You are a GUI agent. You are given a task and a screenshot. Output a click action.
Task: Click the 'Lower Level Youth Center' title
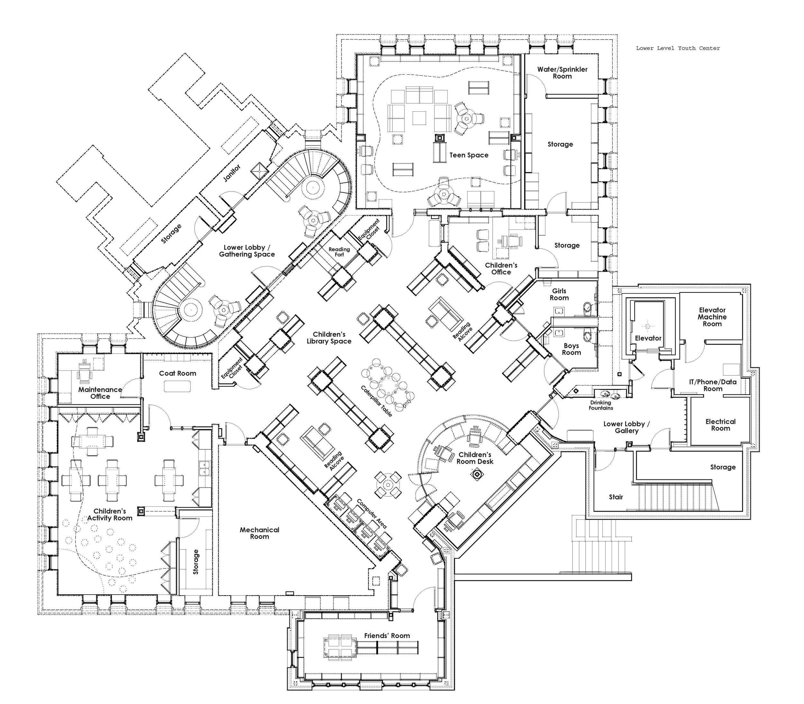pos(678,48)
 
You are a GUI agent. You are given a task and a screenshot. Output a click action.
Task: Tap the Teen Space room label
pos(469,155)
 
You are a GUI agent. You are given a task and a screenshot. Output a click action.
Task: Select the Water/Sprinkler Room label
pos(562,73)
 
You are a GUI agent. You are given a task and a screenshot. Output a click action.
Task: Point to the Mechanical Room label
pos(260,533)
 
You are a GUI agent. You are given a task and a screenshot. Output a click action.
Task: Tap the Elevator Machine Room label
pos(712,317)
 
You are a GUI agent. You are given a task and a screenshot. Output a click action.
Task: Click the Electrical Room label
pos(720,425)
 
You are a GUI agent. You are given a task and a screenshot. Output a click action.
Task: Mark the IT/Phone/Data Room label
pos(713,385)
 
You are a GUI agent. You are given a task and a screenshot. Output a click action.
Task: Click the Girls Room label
pos(559,294)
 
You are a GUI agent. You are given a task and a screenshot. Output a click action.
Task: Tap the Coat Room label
pos(178,373)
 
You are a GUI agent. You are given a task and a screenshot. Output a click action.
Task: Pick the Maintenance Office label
pos(100,393)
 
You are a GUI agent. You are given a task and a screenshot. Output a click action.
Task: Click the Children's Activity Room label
pos(110,514)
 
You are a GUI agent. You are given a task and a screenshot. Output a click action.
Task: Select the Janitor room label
pos(232,173)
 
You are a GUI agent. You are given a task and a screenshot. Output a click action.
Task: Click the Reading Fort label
pos(339,252)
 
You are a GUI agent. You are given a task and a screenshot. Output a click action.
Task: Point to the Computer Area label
pos(371,514)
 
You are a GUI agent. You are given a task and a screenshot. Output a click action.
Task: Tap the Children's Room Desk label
pos(475,458)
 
